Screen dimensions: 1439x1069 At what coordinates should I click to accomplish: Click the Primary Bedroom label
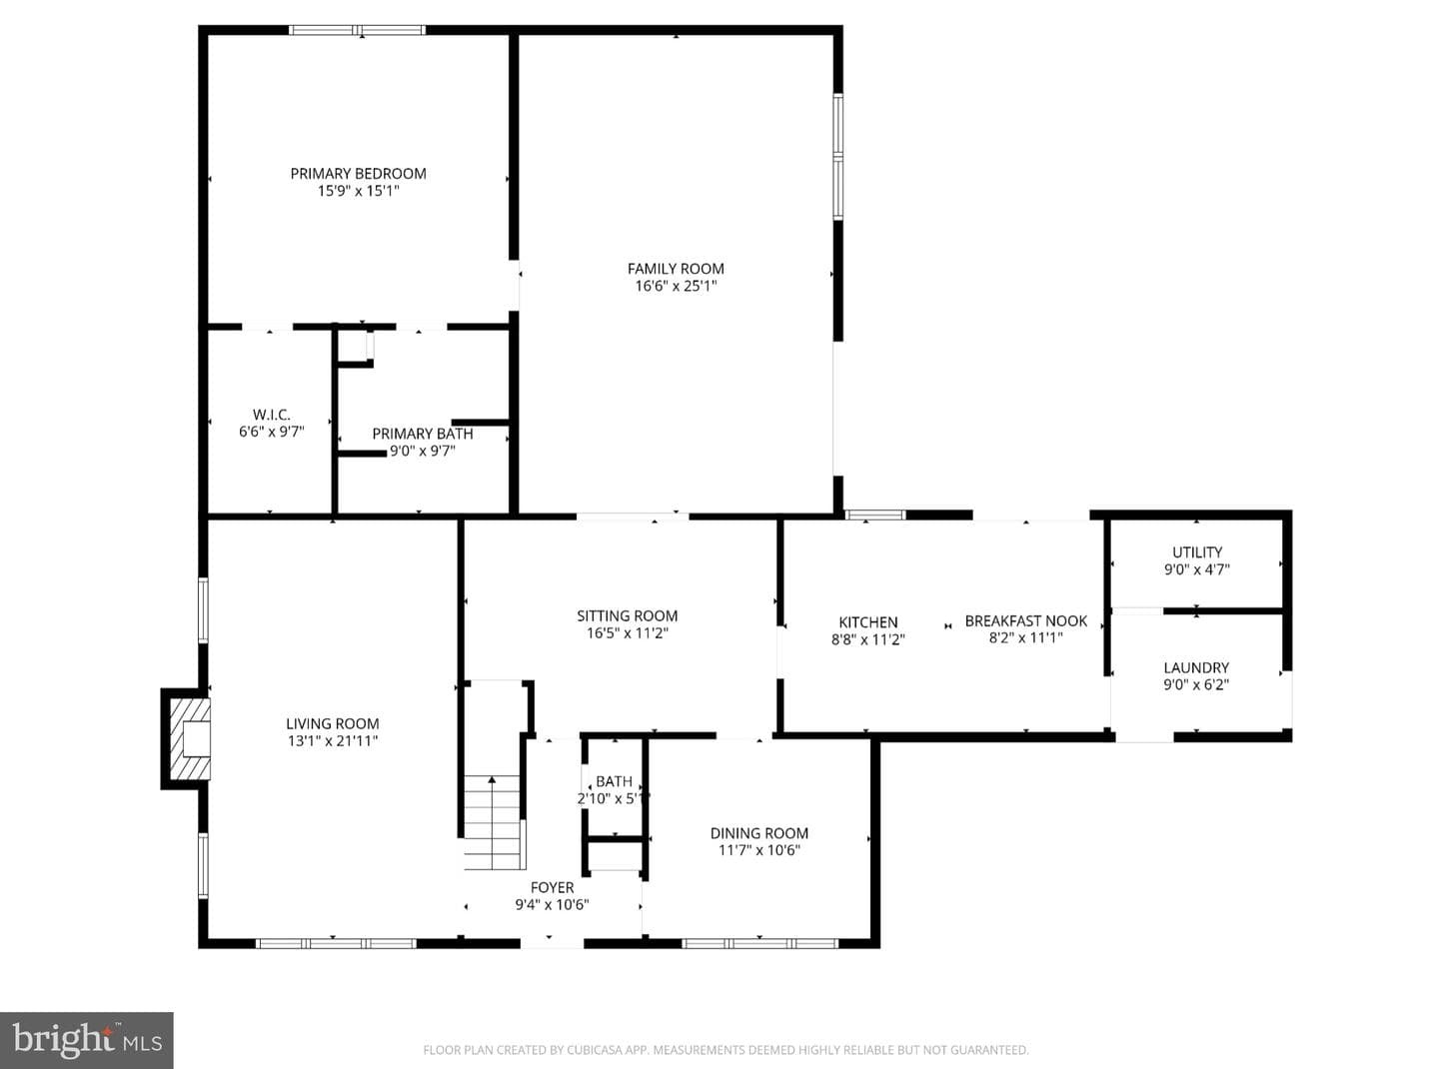pos(358,174)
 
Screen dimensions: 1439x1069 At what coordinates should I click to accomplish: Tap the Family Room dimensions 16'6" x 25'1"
pos(676,286)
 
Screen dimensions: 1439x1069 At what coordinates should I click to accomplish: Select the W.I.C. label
pos(271,415)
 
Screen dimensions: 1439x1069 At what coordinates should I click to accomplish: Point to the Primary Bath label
pos(423,434)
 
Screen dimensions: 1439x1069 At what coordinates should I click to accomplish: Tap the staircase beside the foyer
pos(493,822)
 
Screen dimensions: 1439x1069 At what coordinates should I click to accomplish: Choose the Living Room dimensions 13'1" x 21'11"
pos(332,740)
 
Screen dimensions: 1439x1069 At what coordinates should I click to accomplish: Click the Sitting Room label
pos(627,615)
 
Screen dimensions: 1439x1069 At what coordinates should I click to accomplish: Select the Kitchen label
pos(868,622)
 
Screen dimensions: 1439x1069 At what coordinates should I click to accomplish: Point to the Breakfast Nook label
pos(1025,620)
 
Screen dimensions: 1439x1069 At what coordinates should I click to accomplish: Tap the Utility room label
pos(1197,552)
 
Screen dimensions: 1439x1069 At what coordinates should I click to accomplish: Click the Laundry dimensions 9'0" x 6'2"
pos(1196,684)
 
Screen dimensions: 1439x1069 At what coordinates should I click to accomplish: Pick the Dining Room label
pos(759,833)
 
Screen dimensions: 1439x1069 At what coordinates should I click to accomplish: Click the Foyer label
pos(552,887)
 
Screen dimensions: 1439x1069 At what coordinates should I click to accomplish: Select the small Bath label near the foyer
pos(614,781)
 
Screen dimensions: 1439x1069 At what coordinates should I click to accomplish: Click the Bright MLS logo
pos(86,1040)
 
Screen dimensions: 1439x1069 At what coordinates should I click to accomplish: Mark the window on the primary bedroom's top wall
pos(357,30)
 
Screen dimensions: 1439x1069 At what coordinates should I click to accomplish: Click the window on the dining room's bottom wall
pos(760,943)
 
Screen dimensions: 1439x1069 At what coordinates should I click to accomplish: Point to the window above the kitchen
pos(875,516)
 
